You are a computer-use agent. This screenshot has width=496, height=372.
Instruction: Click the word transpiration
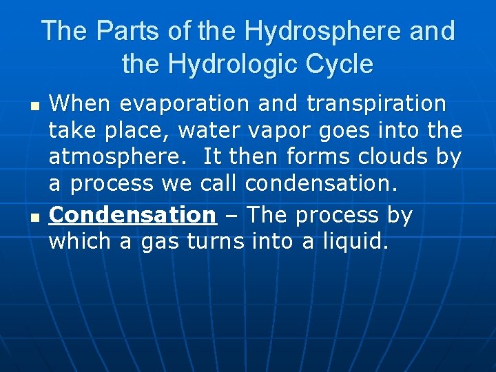[x=376, y=104]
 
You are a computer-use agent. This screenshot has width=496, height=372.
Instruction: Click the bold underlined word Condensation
[x=133, y=215]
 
